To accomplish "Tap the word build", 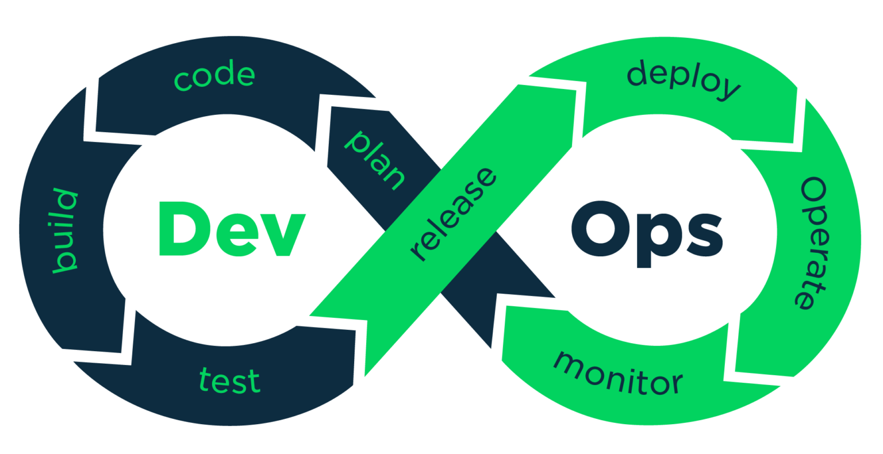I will [x=65, y=231].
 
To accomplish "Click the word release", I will [x=453, y=214].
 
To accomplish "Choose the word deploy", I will [x=683, y=80].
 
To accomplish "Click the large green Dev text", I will [x=230, y=229].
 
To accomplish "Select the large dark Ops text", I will [x=647, y=230].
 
